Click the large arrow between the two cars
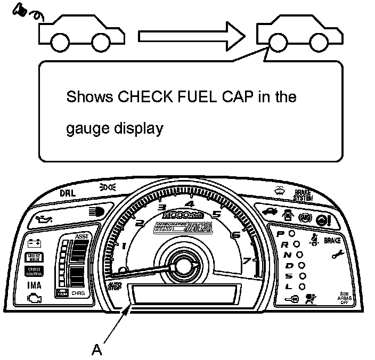[x=191, y=37]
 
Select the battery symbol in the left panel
[x=35, y=243]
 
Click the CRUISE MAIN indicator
[x=35, y=257]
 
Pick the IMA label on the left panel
[x=35, y=285]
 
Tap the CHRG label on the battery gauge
[x=78, y=293]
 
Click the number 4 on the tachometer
[x=190, y=204]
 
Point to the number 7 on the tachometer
[x=247, y=261]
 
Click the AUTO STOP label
[x=115, y=286]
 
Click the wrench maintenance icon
[x=337, y=255]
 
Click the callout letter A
[x=97, y=349]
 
